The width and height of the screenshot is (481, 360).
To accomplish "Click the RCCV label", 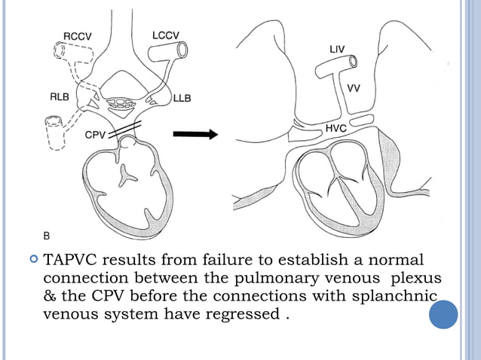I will (x=78, y=35).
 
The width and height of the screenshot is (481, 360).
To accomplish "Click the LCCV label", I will (x=166, y=35).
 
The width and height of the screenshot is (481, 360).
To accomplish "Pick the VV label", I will (x=354, y=88).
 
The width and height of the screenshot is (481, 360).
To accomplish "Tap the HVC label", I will (x=336, y=128).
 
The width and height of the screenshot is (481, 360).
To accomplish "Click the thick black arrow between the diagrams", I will (x=195, y=135).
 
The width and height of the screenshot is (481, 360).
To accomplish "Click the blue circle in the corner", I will (x=443, y=314).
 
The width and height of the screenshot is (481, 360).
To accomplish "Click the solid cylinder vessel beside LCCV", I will (x=169, y=51).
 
